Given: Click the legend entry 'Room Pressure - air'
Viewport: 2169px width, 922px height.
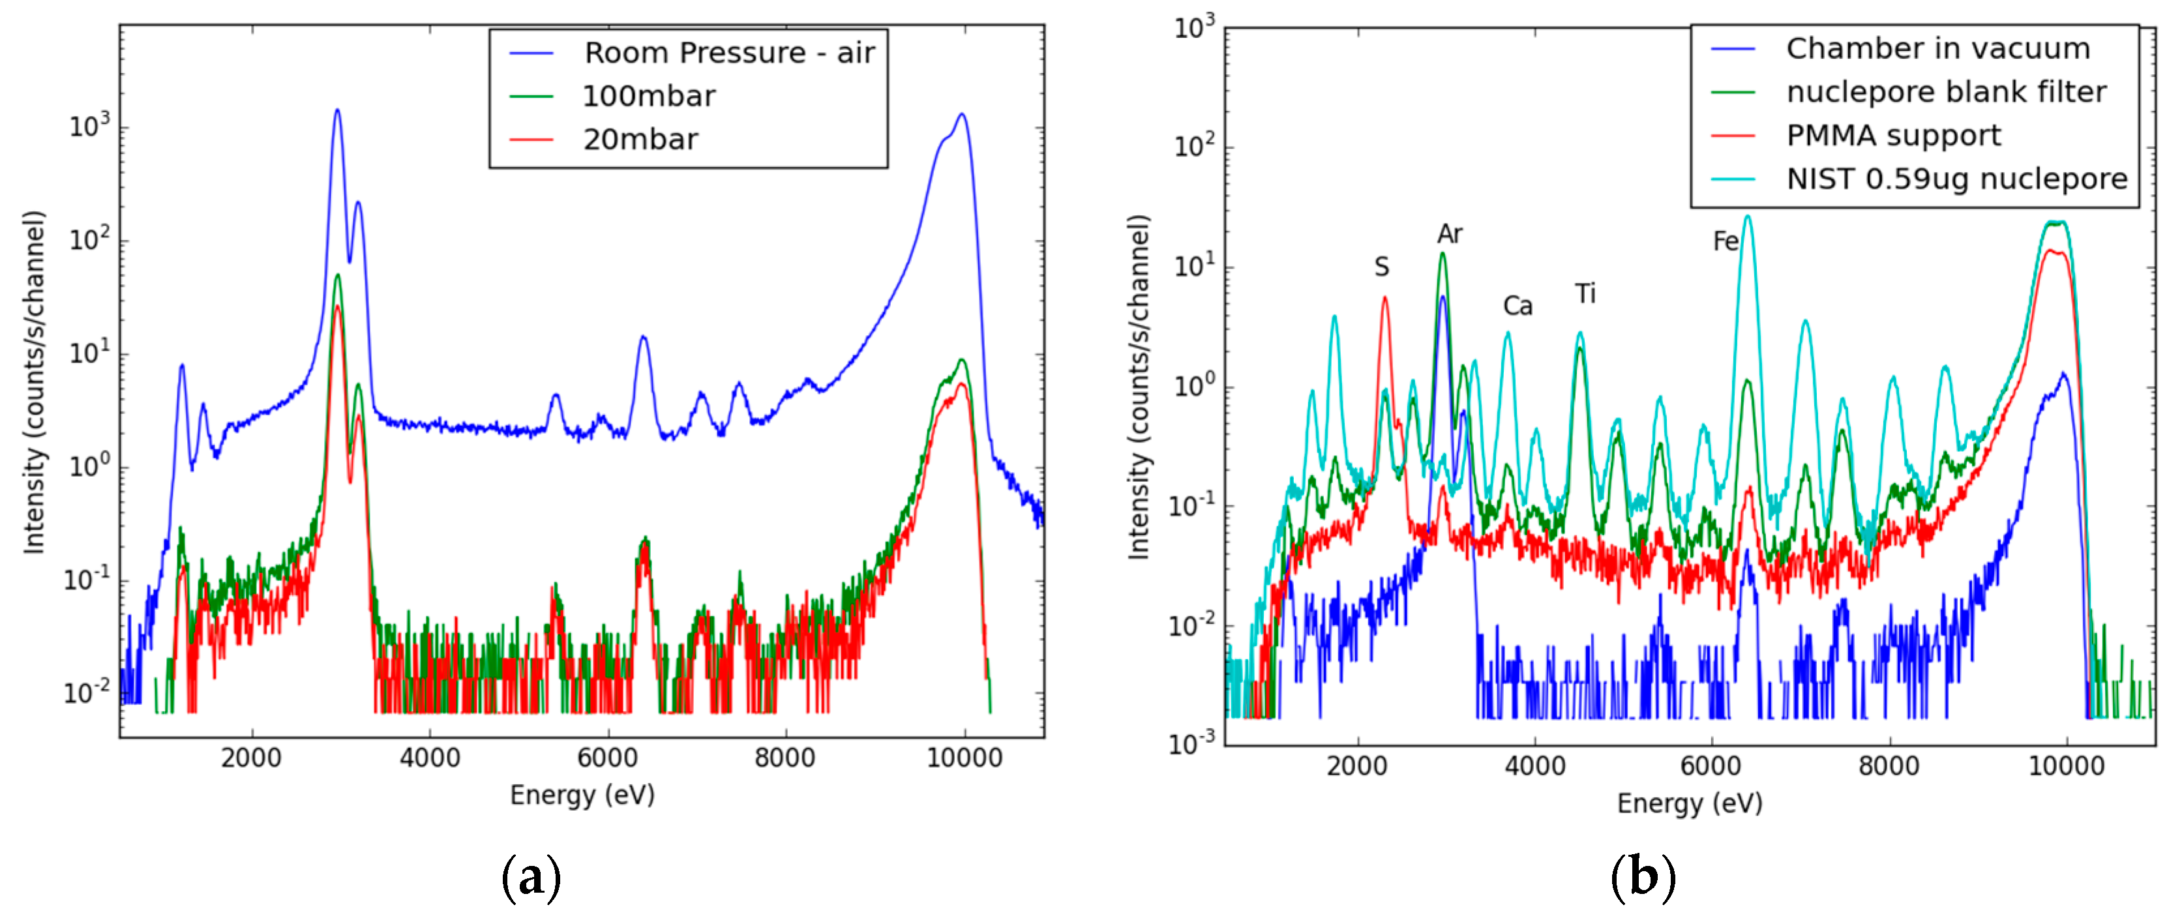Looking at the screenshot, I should (729, 53).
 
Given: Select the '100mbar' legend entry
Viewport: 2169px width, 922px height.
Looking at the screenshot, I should (648, 97).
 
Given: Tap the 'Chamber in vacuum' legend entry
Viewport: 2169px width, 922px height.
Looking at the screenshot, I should (1937, 49).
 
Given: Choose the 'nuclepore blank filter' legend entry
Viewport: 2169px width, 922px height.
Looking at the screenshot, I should (1946, 92).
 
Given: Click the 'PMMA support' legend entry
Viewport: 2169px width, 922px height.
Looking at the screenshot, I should (1893, 136).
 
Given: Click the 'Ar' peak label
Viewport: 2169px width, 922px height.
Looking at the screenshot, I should (1449, 234).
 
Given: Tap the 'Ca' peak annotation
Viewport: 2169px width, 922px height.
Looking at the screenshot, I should (1518, 306).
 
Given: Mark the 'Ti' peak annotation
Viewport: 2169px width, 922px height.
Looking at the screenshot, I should (1585, 295).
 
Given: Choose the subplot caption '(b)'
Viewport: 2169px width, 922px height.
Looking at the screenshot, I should (1643, 878).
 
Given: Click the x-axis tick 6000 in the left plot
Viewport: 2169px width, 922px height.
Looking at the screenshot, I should (607, 758).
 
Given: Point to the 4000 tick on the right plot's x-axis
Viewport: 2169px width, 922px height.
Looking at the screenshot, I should (1534, 767).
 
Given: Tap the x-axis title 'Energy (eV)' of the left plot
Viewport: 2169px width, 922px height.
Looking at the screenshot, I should (582, 795).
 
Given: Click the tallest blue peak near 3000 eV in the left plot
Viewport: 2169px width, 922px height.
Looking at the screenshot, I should (337, 111).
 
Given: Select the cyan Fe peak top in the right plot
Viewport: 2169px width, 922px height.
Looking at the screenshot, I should (1747, 217).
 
